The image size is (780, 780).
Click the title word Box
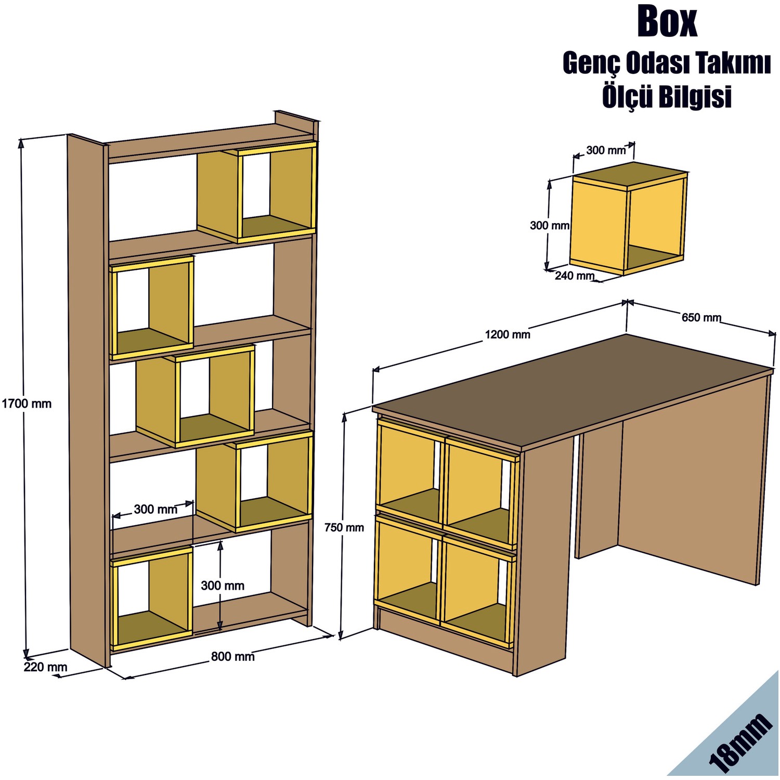point(667,22)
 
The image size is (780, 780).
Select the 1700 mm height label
point(27,404)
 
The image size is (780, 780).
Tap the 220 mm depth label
point(45,667)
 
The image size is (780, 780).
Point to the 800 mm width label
point(232,657)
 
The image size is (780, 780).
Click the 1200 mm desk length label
point(507,334)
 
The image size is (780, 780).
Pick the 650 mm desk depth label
point(701,317)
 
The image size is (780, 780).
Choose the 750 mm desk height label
point(344,527)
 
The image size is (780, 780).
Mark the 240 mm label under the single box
point(574,276)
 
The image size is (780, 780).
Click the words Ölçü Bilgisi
point(667,97)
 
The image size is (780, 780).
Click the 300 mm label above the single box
point(606,151)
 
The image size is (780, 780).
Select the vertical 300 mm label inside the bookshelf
point(223,586)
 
